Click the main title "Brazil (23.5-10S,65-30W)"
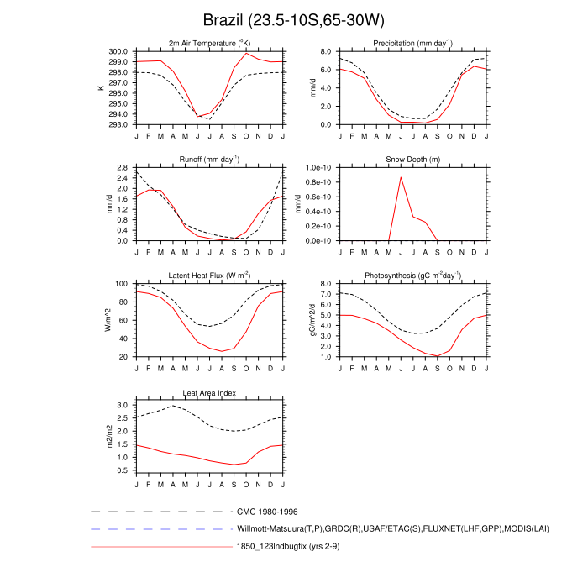pyautogui.click(x=293, y=19)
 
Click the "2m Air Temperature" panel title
pyautogui.click(x=209, y=43)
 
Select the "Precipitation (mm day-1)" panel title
pyautogui.click(x=412, y=43)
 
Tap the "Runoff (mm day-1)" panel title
pyautogui.click(x=209, y=159)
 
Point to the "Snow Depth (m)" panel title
pyautogui.click(x=412, y=159)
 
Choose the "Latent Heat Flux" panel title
pyautogui.click(x=209, y=276)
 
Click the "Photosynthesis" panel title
pyautogui.click(x=412, y=276)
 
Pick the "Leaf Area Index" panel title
pyautogui.click(x=209, y=392)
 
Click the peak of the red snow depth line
pyautogui.click(x=401, y=177)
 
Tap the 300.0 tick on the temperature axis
pyautogui.click(x=118, y=51)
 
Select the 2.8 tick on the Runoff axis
pyautogui.click(x=122, y=168)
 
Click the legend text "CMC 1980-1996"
pyautogui.click(x=268, y=511)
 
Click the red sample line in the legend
pyautogui.click(x=160, y=548)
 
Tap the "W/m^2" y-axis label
pyautogui.click(x=107, y=321)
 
